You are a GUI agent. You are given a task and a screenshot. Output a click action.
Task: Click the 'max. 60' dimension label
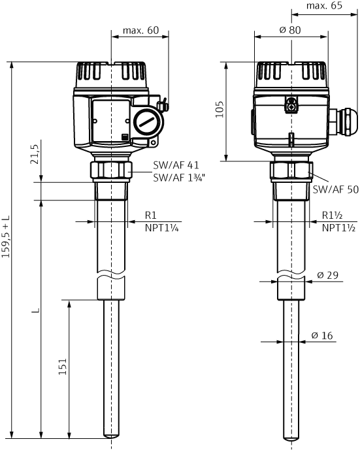140,31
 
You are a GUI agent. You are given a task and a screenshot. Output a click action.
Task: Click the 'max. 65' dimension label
324,6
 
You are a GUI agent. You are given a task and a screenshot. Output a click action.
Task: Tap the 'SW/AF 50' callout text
336,189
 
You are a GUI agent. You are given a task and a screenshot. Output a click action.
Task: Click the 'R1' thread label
151,216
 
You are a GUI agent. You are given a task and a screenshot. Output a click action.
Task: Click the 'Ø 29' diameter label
328,276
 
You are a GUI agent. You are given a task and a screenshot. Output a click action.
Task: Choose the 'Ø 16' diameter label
323,335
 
